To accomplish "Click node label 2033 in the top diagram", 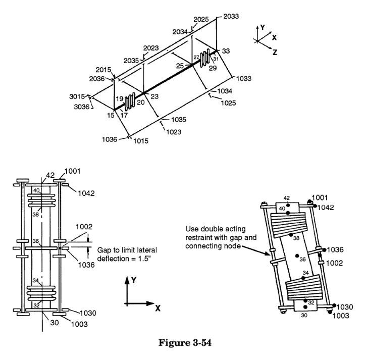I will click(230, 16).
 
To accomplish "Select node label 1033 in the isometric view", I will click(244, 79).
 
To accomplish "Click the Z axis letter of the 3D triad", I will click(275, 52).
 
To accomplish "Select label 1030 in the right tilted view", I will click(346, 306).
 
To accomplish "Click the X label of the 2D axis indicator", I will click(158, 308).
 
